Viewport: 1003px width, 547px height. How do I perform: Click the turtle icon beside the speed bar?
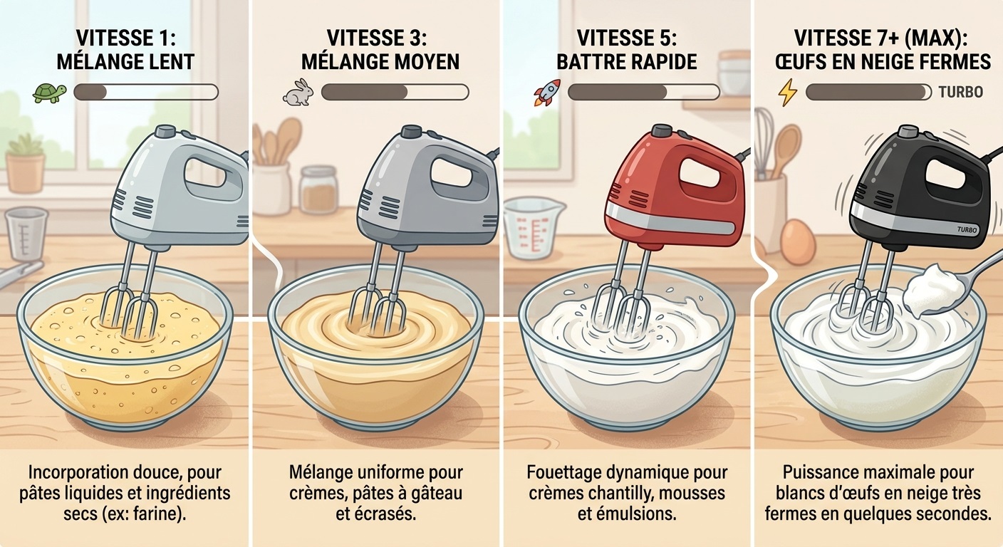(x=50, y=93)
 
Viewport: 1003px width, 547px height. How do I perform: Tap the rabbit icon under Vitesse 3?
(x=298, y=93)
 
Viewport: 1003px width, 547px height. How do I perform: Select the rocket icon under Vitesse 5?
(x=547, y=93)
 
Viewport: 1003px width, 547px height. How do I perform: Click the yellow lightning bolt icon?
(x=788, y=93)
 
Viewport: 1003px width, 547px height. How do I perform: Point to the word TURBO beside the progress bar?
(x=960, y=92)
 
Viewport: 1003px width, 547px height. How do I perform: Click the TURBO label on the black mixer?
(x=967, y=229)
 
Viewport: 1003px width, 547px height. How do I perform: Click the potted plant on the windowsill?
(x=25, y=163)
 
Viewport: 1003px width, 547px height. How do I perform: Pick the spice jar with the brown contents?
(x=318, y=189)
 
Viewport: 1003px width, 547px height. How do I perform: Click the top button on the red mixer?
(x=662, y=131)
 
